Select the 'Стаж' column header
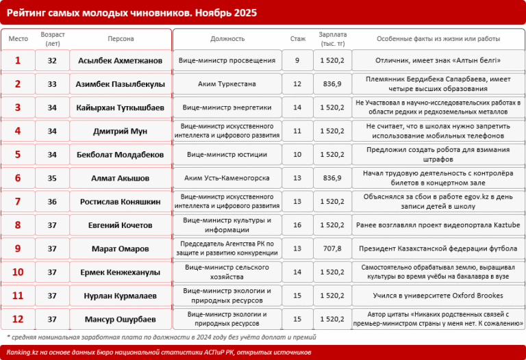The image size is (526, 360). (297, 39)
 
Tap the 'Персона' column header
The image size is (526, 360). (121, 39)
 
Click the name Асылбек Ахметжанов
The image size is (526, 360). (121, 61)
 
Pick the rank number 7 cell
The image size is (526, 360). (18, 201)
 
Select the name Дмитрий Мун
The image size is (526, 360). (121, 131)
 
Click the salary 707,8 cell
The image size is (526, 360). (331, 248)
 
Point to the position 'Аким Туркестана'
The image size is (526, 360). (227, 84)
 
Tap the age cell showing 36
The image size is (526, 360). (52, 201)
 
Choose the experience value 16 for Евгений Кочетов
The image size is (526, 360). (297, 224)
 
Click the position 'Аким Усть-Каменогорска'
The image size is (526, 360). (227, 178)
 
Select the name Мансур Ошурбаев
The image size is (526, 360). (121, 319)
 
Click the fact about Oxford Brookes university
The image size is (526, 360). (438, 296)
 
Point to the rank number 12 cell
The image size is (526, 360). (18, 319)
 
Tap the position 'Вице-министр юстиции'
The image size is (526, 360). (227, 155)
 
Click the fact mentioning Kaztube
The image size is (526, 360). (438, 224)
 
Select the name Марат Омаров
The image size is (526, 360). (121, 248)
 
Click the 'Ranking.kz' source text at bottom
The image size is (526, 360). (25, 352)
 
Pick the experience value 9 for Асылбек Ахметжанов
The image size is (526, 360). (297, 61)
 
